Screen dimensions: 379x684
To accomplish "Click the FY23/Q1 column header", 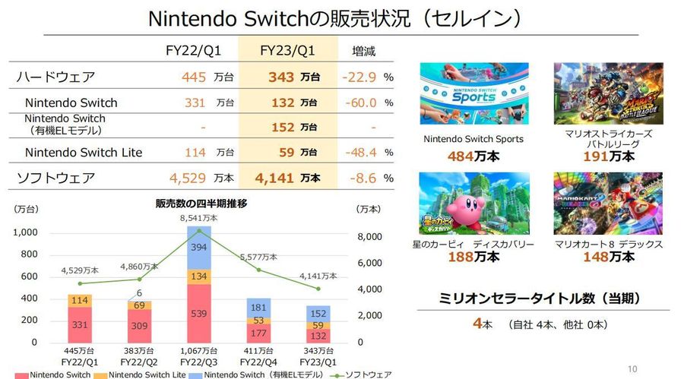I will pos(287,52).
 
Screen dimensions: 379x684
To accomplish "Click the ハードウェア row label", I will pos(55,77).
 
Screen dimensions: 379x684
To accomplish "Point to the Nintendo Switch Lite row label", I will pos(84,153).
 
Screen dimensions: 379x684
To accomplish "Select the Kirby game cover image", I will pos(464,204).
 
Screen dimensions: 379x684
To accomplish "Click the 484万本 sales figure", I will pos(473,156).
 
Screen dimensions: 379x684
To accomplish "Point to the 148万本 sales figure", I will pos(609,257).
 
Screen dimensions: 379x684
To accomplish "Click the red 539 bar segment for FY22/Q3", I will pos(199,313).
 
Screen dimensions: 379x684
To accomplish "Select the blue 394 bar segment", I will pos(199,248).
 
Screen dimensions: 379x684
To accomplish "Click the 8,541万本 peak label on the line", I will pos(199,217).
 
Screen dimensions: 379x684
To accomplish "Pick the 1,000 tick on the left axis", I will pos(25,233).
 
